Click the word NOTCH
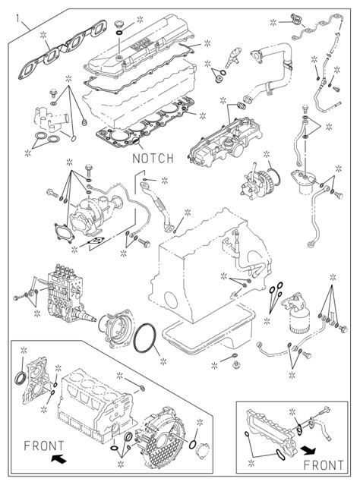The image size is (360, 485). pyautogui.click(x=153, y=158)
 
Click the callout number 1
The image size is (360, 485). pyautogui.click(x=17, y=19)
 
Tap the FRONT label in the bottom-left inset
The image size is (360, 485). pyautogui.click(x=44, y=446)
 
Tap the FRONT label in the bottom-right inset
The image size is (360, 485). pyautogui.click(x=324, y=465)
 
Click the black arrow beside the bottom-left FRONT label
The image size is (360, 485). pyautogui.click(x=58, y=458)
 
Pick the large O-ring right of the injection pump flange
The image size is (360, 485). pyautogui.click(x=145, y=338)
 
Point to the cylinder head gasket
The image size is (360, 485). pyautogui.click(x=146, y=123)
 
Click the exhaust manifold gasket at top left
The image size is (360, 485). pyautogui.click(x=62, y=49)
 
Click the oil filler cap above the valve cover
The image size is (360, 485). pyautogui.click(x=119, y=24)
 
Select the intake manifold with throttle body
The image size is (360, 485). pyautogui.click(x=226, y=140)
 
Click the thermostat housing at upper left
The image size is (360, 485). pyautogui.click(x=51, y=120)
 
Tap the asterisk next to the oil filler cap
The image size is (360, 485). pyautogui.click(x=140, y=20)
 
